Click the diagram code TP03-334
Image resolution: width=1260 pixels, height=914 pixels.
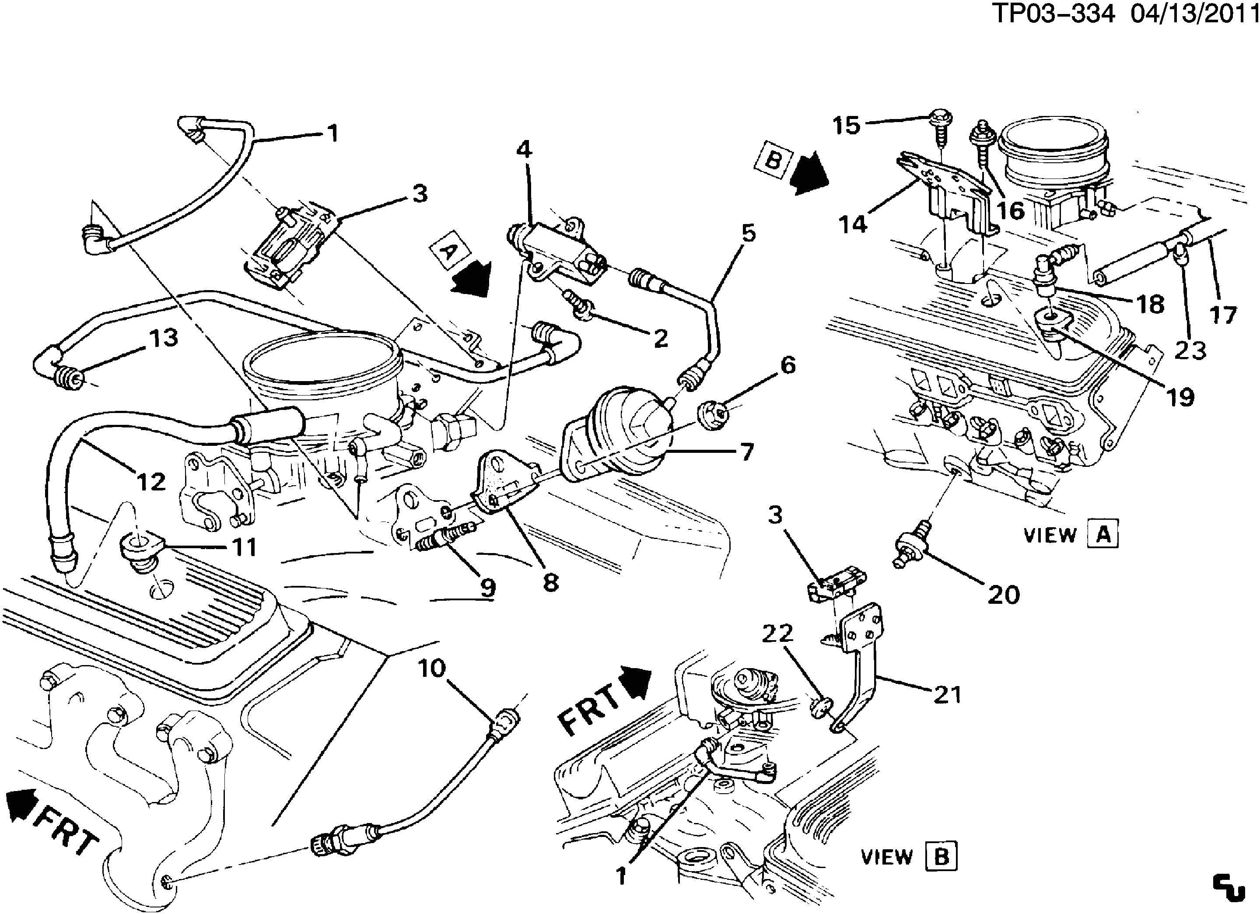point(1052,14)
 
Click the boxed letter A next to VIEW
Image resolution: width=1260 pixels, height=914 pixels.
point(1103,535)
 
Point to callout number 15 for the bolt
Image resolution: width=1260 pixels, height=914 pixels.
point(846,126)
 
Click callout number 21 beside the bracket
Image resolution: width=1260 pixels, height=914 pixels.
point(947,694)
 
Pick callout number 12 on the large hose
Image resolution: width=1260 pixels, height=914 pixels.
point(151,482)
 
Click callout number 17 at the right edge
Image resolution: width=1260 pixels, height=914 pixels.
point(1223,315)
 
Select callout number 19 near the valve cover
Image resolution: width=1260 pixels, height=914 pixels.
point(1180,397)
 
